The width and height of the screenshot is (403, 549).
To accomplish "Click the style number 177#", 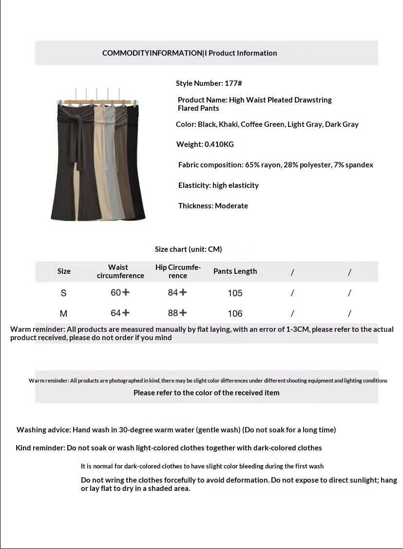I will click(x=233, y=83).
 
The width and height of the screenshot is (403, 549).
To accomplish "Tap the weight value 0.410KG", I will click(x=219, y=144).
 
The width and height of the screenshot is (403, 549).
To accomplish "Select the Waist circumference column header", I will click(x=120, y=271).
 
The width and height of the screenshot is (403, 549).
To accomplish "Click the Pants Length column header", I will click(x=235, y=271).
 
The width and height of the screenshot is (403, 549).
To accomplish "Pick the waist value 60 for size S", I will click(x=116, y=293).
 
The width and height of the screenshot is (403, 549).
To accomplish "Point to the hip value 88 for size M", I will click(x=173, y=313).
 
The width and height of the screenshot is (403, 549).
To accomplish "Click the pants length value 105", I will click(x=235, y=293).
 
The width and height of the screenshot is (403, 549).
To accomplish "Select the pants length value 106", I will click(x=235, y=313).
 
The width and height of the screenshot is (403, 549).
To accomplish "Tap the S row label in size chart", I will click(x=63, y=293).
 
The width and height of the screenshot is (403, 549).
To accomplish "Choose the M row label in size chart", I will click(x=63, y=313).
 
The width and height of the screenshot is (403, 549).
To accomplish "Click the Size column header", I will click(x=64, y=271).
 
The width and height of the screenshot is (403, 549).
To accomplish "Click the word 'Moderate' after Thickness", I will click(x=231, y=206).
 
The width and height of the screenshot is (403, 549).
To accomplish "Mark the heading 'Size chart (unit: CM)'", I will click(x=188, y=249).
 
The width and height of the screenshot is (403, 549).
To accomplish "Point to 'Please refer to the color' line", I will click(x=206, y=393).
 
